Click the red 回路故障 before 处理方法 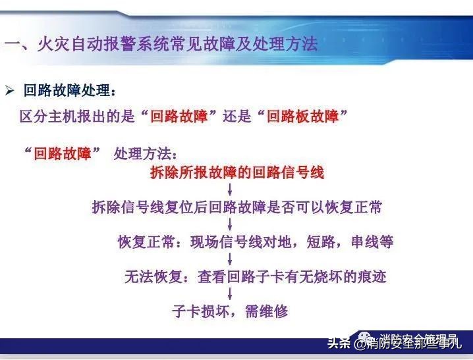point(63,154)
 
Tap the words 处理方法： point(146,154)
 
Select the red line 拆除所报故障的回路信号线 point(237,173)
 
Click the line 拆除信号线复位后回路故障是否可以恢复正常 point(237,207)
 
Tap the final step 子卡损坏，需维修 point(231,311)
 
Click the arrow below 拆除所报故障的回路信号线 point(239,191)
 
